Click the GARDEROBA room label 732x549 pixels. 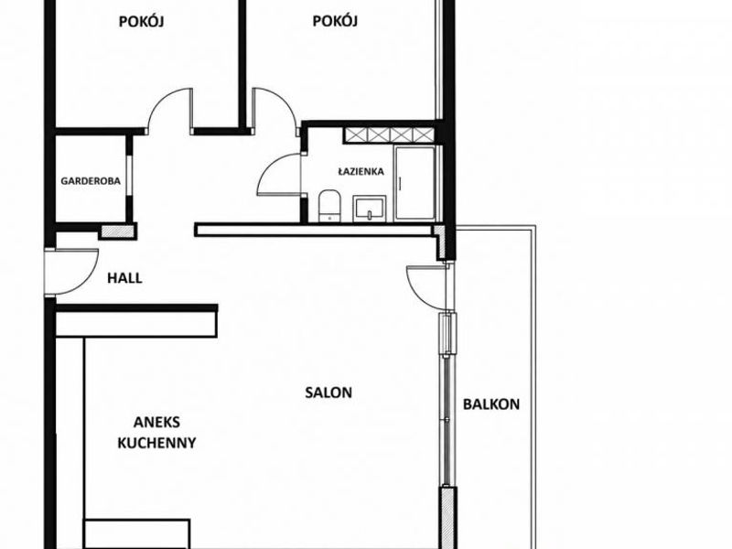(x=91, y=180)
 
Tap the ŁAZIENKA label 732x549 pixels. (x=361, y=171)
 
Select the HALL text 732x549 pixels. (x=124, y=278)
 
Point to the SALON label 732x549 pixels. (x=328, y=393)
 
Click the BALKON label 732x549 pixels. (x=491, y=404)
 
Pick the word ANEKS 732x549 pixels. (x=156, y=422)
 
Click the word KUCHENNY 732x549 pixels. (x=156, y=443)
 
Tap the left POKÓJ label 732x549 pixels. (x=141, y=21)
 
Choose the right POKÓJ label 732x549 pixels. (x=335, y=21)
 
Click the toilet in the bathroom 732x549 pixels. (x=329, y=206)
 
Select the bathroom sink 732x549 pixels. (x=370, y=209)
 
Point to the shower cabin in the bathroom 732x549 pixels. (x=414, y=183)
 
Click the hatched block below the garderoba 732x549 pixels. (x=117, y=231)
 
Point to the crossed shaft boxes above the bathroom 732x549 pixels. (x=390, y=135)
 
